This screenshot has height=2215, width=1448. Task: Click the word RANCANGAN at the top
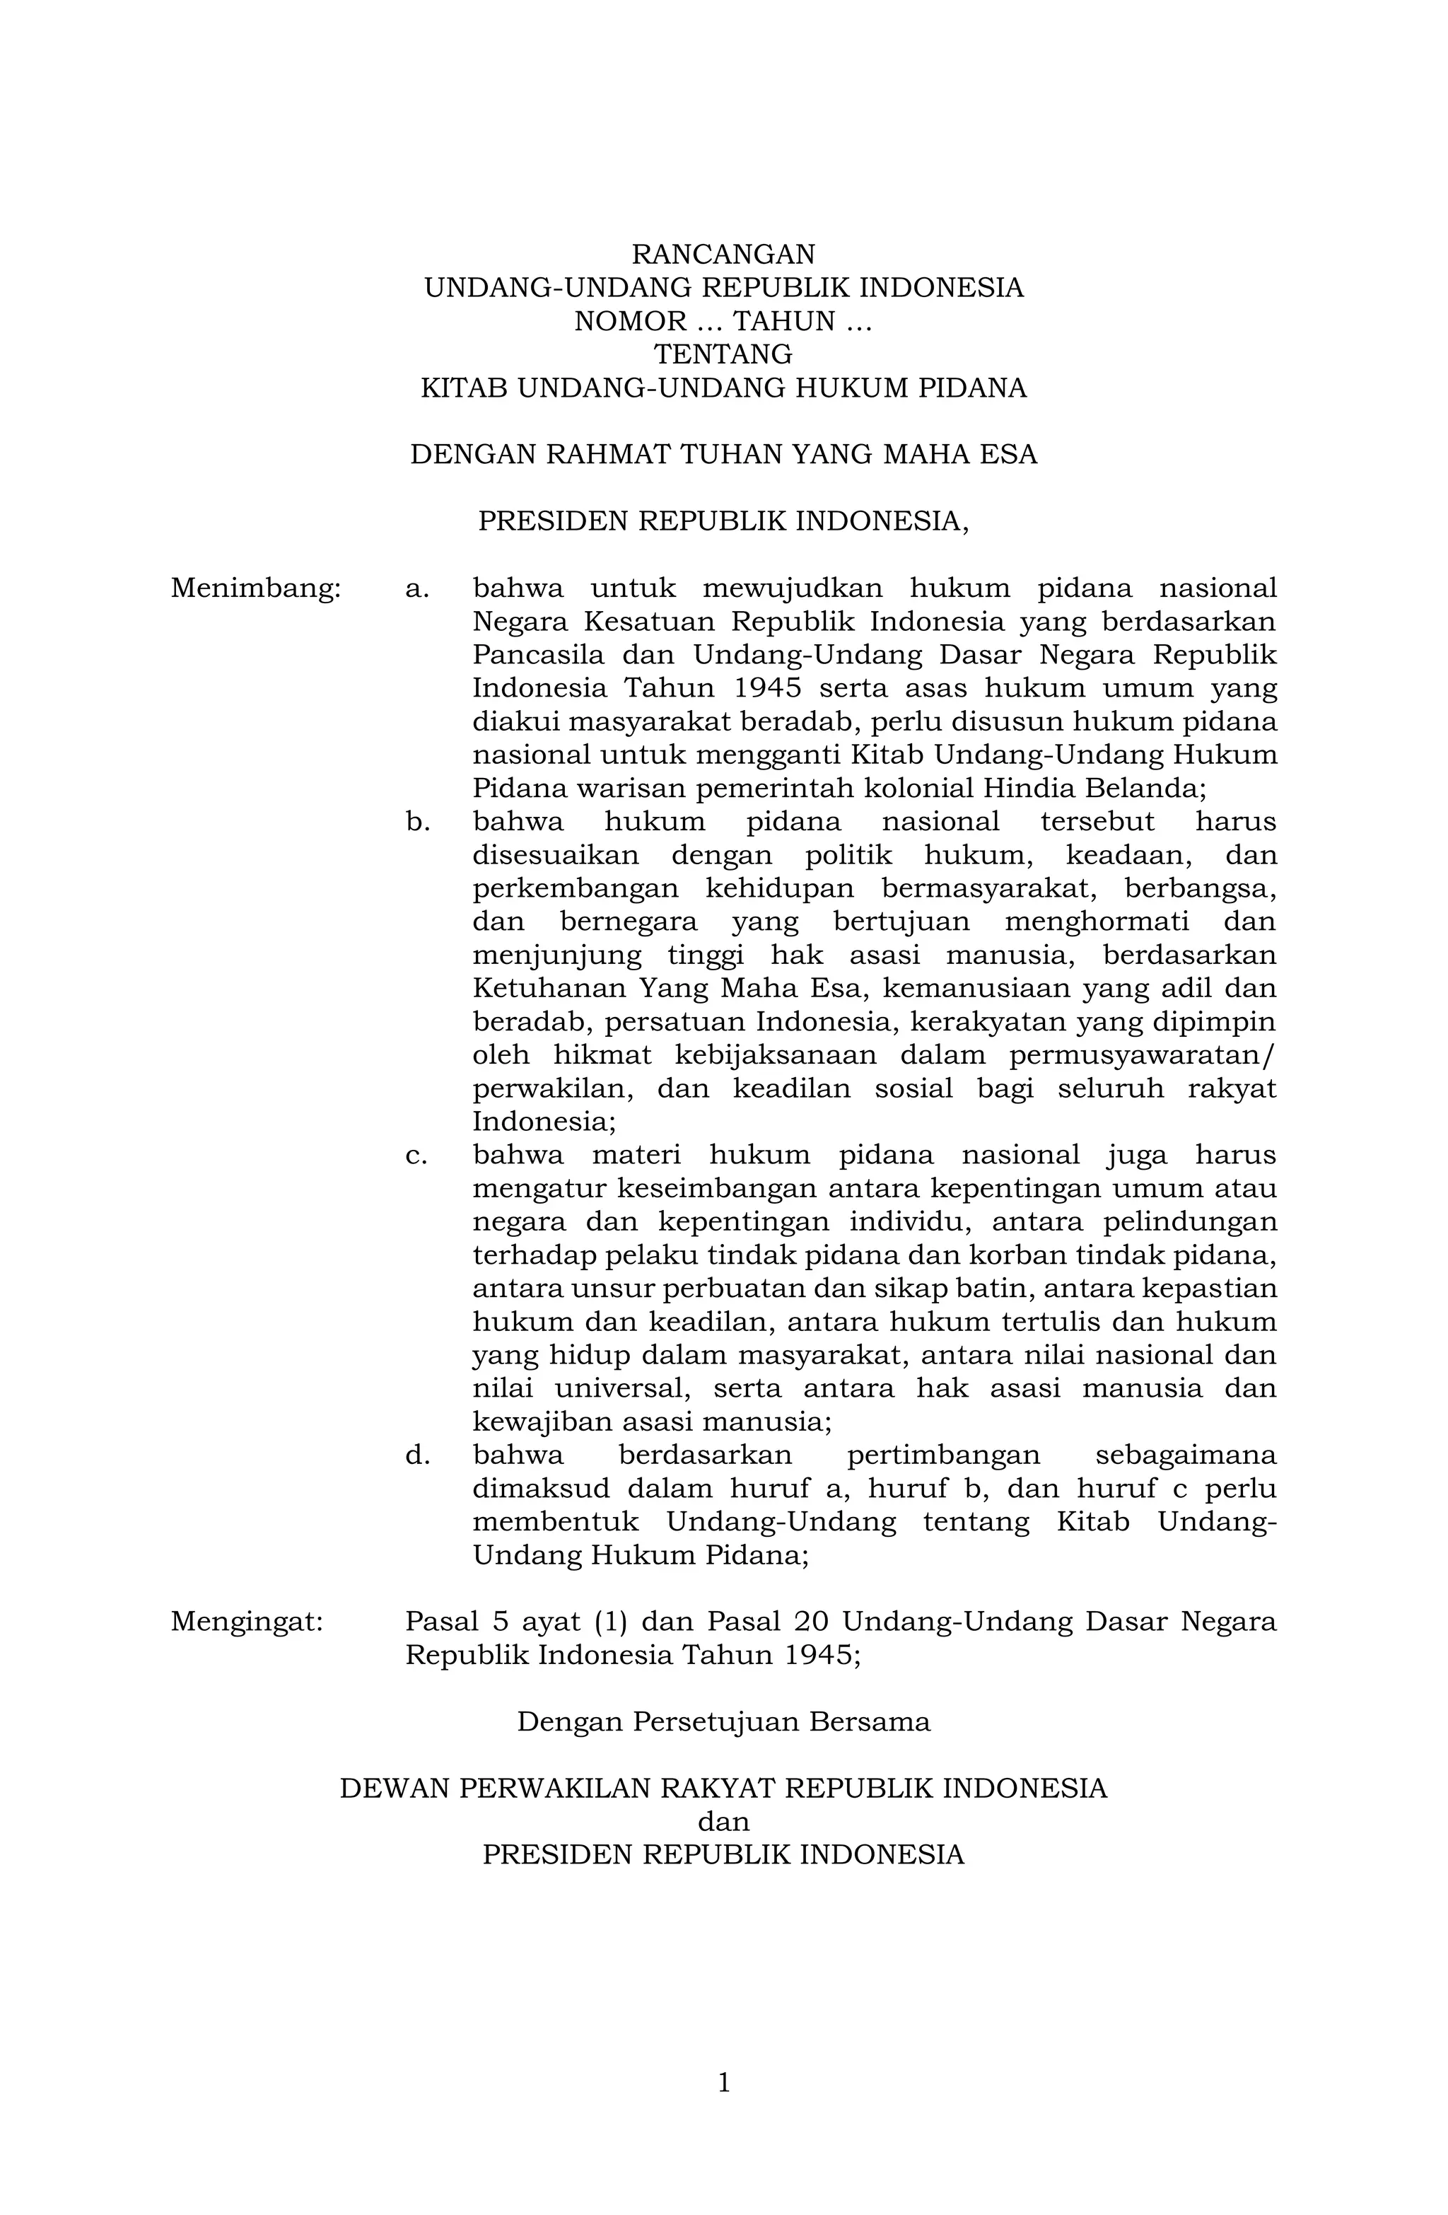723,254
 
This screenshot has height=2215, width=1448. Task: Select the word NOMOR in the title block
629,321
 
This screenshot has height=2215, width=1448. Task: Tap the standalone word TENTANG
723,354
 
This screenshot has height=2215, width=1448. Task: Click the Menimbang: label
256,589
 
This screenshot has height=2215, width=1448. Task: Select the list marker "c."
416,1156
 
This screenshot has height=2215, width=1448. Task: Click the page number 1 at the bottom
724,2083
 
